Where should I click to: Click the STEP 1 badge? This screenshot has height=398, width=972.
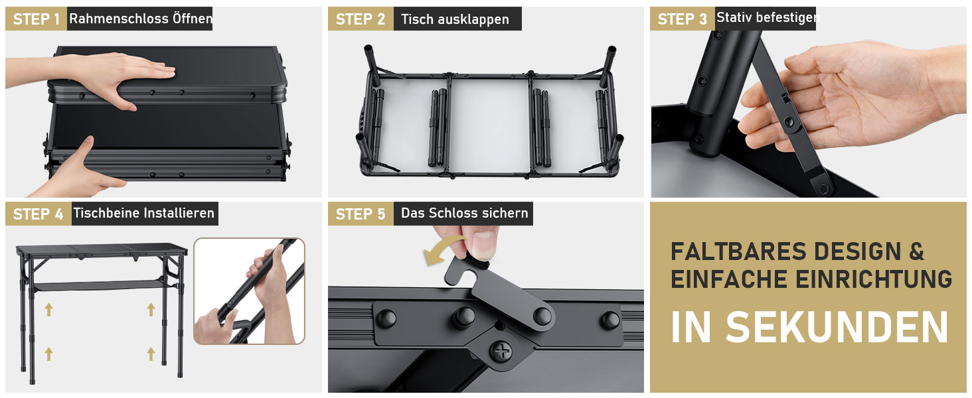(36, 19)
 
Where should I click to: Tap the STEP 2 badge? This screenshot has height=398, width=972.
(361, 19)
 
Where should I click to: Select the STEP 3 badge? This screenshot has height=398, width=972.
(682, 19)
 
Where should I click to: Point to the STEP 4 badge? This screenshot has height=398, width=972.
(39, 214)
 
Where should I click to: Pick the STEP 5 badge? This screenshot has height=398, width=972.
(361, 214)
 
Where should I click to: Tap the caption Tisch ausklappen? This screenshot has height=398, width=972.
(455, 19)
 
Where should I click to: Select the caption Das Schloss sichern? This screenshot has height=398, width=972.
(464, 213)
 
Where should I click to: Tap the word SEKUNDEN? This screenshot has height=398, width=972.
(837, 327)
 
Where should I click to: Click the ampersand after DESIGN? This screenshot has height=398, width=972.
(916, 251)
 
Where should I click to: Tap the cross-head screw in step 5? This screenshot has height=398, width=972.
(502, 350)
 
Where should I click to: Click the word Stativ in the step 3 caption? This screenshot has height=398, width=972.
(730, 17)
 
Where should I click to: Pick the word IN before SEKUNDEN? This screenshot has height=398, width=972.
(690, 327)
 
